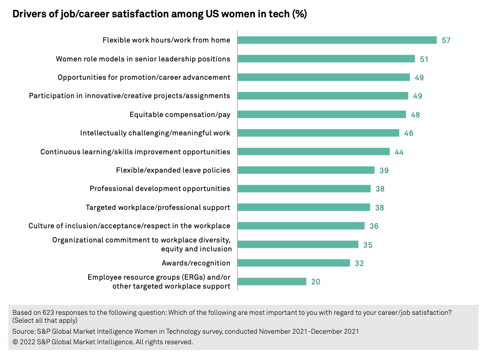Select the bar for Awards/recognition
[293, 263]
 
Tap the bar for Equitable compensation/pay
[322, 114]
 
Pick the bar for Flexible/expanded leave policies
[306, 170]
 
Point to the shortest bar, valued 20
[272, 282]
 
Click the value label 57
[447, 40]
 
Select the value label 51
[424, 59]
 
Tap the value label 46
[409, 133]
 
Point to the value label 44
[399, 152]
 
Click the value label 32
[359, 263]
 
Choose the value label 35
[368, 245]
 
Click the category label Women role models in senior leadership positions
[143, 59]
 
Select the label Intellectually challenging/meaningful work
[155, 133]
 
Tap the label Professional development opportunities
[160, 188]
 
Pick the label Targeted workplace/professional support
[157, 207]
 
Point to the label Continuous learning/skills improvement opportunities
[135, 152]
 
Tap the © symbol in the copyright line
[15, 342]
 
